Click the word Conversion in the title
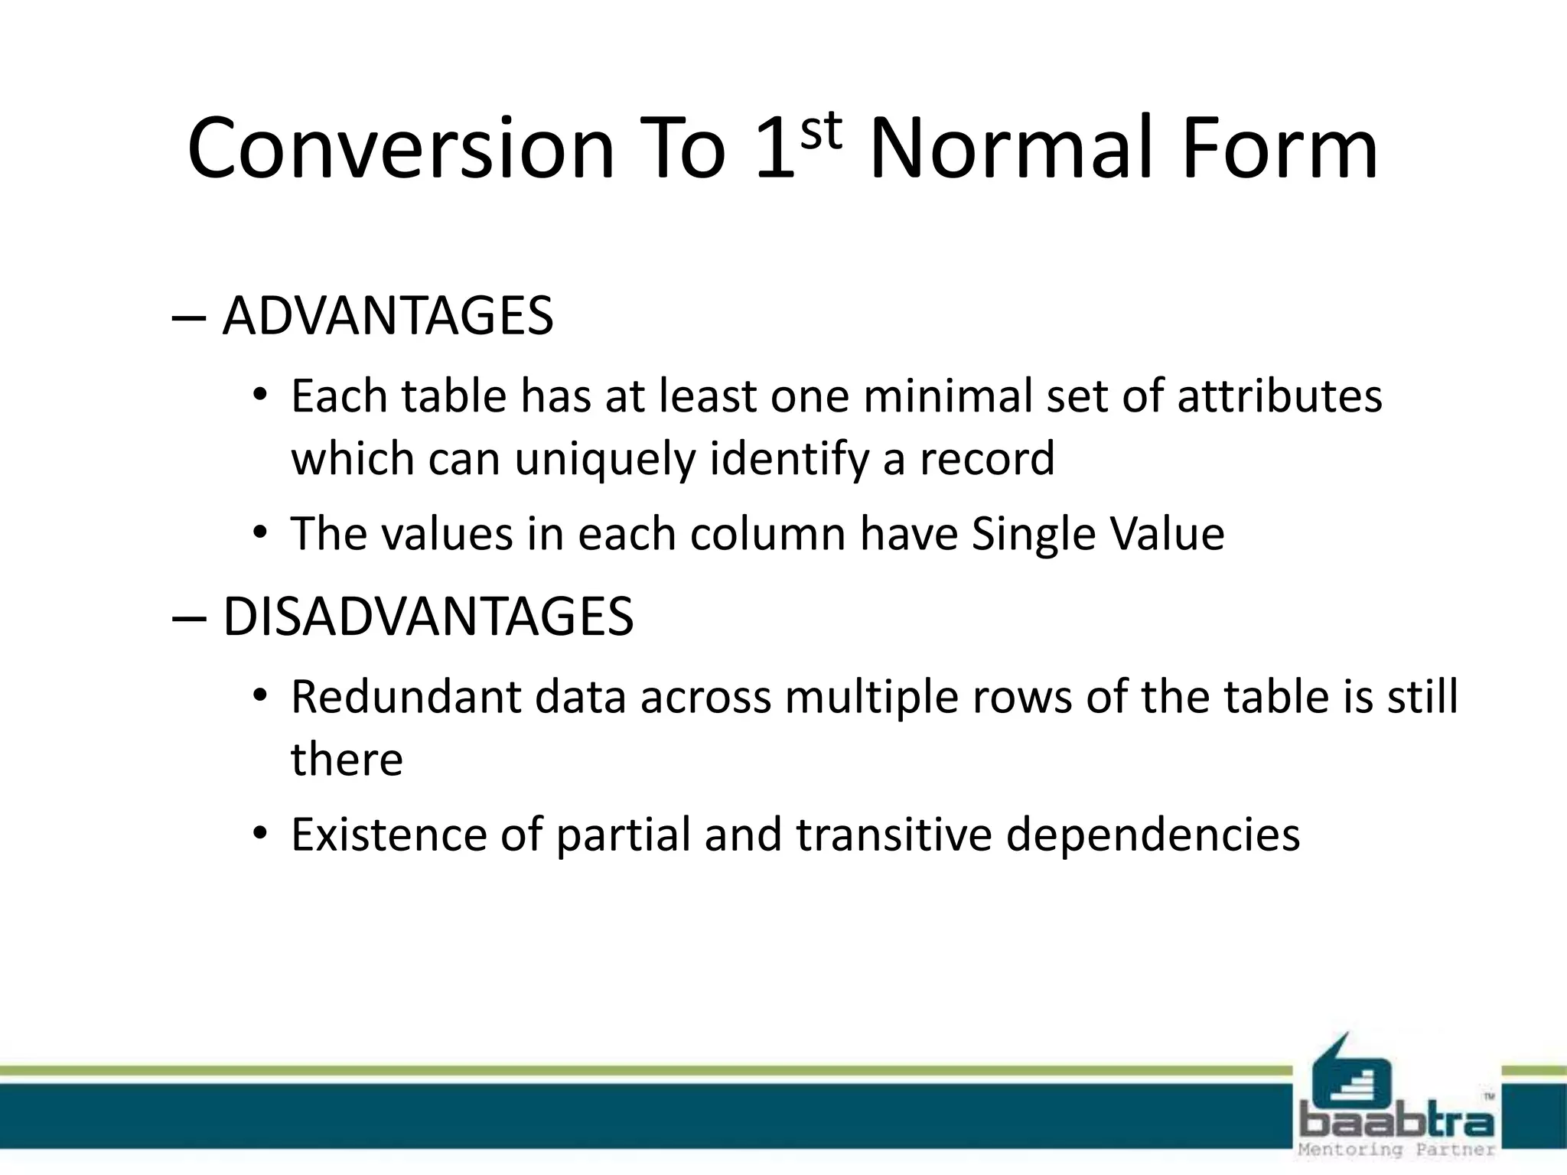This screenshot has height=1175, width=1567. click(401, 149)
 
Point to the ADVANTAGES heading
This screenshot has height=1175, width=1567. click(388, 316)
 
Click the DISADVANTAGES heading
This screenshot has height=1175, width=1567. click(428, 617)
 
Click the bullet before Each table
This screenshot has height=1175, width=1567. click(260, 396)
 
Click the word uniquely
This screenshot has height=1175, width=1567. click(604, 460)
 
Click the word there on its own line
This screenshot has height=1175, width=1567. click(347, 760)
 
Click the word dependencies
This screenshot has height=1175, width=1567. click(1152, 836)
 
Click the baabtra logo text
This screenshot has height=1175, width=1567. click(1396, 1123)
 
